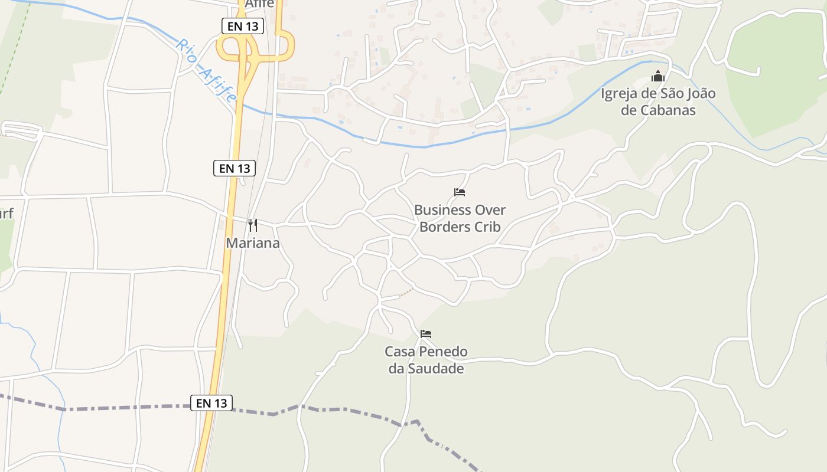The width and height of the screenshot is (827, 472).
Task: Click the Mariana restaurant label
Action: (x=253, y=243)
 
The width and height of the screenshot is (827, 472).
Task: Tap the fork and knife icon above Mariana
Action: (x=253, y=225)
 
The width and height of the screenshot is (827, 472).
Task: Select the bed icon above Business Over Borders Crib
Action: (x=460, y=192)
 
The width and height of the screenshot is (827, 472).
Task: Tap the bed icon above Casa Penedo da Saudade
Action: (x=426, y=334)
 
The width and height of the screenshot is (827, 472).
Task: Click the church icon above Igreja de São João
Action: (x=658, y=76)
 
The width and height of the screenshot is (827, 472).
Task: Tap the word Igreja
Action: (x=621, y=93)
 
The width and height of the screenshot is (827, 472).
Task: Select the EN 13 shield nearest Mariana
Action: (x=235, y=168)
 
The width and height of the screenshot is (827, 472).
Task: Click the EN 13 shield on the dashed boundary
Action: (x=212, y=403)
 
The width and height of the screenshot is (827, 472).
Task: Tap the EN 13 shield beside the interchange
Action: (x=242, y=26)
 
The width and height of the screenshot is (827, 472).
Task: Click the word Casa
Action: (x=400, y=352)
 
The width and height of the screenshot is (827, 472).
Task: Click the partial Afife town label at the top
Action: (x=260, y=4)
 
